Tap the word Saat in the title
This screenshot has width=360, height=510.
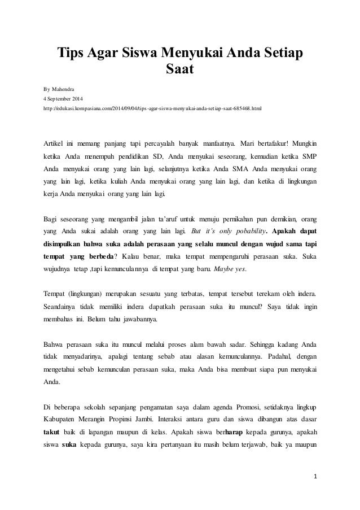pos(180,71)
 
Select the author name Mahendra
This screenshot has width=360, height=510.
pos(68,89)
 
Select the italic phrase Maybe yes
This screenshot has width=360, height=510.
pos(231,268)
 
